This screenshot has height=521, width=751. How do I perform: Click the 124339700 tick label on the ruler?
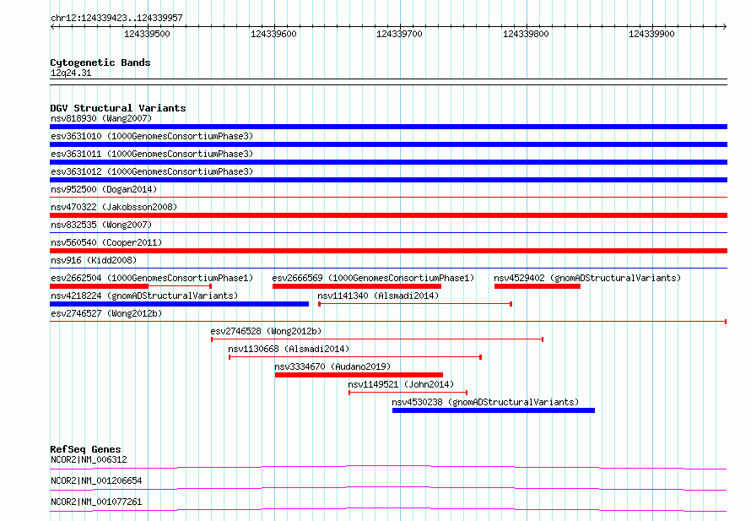(x=399, y=34)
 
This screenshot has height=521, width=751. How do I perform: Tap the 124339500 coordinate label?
(x=147, y=34)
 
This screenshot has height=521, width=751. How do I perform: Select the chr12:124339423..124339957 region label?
(x=116, y=19)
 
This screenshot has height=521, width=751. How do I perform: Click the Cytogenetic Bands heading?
(x=100, y=62)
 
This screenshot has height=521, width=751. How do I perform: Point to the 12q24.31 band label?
(x=71, y=73)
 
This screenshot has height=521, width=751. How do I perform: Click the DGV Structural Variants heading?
(x=118, y=108)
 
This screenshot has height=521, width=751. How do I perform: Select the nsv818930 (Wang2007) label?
(x=101, y=118)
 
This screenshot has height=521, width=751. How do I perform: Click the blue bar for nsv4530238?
(x=494, y=410)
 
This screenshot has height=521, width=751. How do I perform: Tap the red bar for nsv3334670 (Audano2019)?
(x=359, y=375)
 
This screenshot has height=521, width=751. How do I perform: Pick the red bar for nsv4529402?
(x=538, y=286)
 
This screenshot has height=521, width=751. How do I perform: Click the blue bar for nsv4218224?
(x=179, y=304)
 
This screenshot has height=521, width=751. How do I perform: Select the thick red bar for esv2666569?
(x=357, y=286)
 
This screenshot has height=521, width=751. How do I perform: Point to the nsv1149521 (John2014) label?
(x=401, y=384)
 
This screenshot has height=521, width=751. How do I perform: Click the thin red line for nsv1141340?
(x=415, y=304)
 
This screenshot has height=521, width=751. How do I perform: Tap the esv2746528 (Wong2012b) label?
(x=266, y=331)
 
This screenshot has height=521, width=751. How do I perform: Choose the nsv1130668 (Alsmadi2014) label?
(x=289, y=349)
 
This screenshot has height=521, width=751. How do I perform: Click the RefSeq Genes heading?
(x=86, y=449)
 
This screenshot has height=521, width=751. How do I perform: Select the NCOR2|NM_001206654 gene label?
(x=96, y=480)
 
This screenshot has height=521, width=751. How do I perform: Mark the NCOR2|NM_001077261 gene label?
(x=96, y=502)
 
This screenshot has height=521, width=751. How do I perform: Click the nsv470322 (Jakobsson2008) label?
(x=114, y=207)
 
